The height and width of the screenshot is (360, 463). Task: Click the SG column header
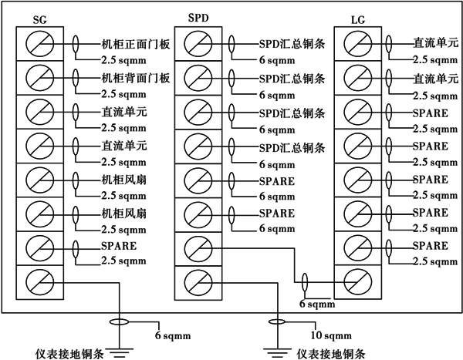pyautogui.click(x=40, y=18)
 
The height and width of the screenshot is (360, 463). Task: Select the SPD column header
pyautogui.click(x=198, y=17)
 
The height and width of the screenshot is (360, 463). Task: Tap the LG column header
pyautogui.click(x=357, y=18)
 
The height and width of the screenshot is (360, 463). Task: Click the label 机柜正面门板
pyautogui.click(x=135, y=44)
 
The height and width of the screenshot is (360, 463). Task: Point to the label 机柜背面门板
pyautogui.click(x=135, y=78)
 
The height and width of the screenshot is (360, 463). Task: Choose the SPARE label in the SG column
pyautogui.click(x=117, y=247)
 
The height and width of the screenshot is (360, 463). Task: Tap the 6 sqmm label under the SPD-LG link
pyautogui.click(x=313, y=304)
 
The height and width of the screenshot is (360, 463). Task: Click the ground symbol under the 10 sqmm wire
pyautogui.click(x=275, y=352)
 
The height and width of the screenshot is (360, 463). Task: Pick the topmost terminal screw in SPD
pyautogui.click(x=198, y=45)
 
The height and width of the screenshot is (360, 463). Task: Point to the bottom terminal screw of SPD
pyautogui.click(x=198, y=281)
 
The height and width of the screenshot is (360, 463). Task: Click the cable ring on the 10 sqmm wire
pyautogui.click(x=275, y=321)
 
